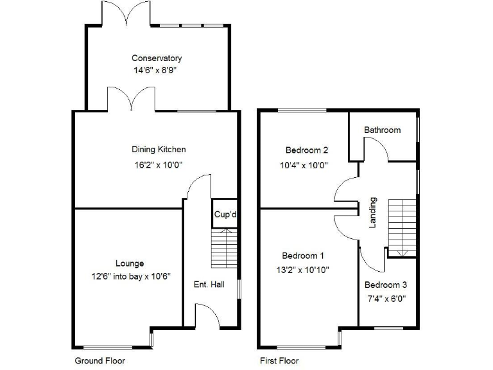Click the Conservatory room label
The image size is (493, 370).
point(157,58)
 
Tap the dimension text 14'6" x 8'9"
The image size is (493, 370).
point(157,71)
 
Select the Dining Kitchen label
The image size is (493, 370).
point(159,150)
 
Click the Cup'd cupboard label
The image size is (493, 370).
point(226,215)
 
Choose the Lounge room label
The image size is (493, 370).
point(130,263)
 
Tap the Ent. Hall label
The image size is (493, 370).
point(209,285)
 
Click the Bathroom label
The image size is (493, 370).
point(383,130)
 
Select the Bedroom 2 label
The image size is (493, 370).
point(307,150)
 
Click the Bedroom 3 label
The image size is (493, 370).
point(386,285)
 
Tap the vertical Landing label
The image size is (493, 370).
point(372,213)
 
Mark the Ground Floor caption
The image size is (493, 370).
point(100,361)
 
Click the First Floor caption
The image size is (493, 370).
point(279,361)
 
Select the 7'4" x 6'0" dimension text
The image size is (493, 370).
point(386,298)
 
